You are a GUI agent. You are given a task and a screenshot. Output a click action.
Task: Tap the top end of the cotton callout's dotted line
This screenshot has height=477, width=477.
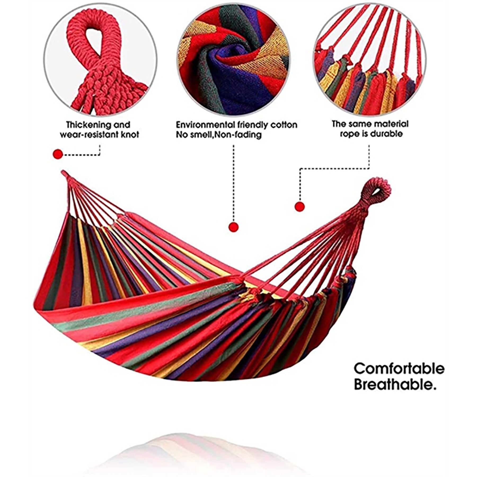pyautogui.click(x=233, y=145)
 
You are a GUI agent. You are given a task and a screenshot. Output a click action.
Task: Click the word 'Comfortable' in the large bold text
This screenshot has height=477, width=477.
pyautogui.click(x=399, y=369)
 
